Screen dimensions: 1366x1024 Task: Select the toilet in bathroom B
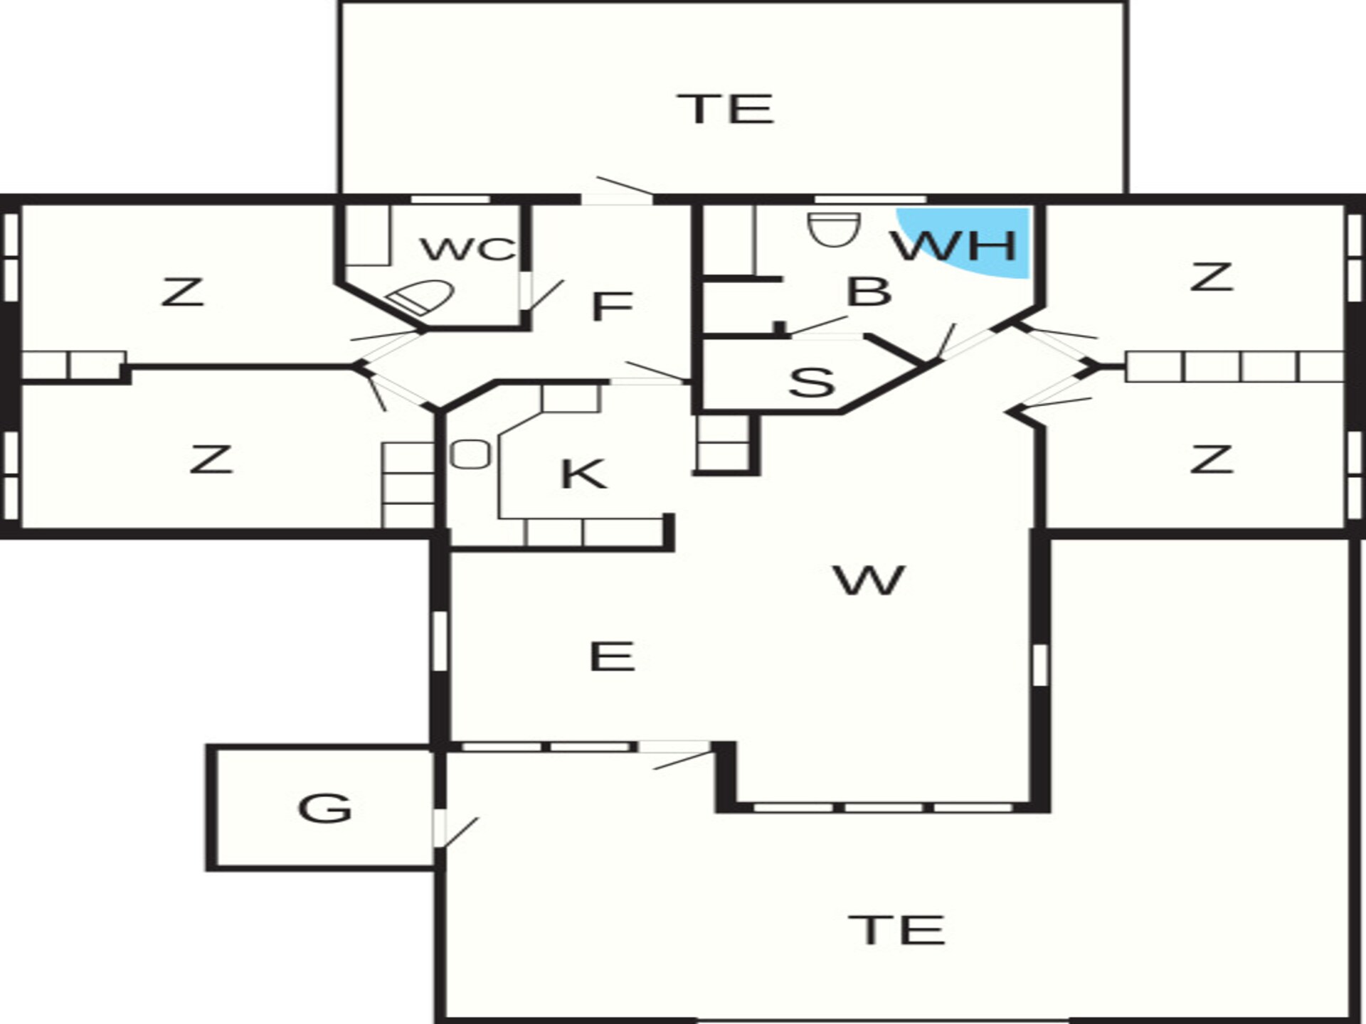tap(834, 228)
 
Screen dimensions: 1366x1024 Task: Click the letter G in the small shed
tap(324, 808)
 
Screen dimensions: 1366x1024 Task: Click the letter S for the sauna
tap(812, 382)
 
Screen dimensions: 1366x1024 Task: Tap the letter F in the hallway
tap(612, 306)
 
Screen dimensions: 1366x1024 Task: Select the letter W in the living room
tap(869, 580)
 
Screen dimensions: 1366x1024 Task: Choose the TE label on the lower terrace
tap(897, 929)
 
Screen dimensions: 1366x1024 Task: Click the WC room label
tap(468, 249)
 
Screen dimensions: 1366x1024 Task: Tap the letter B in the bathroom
tap(869, 291)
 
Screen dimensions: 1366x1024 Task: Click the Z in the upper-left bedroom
tap(184, 292)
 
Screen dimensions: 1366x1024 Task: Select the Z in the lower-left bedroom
tap(211, 459)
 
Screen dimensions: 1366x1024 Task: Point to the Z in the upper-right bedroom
tap(1211, 277)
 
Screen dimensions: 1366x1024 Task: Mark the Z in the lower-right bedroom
tap(1211, 459)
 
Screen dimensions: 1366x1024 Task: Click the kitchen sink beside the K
tap(471, 454)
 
